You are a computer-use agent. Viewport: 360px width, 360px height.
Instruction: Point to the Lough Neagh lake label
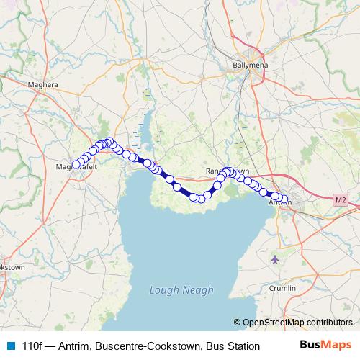click(x=181, y=290)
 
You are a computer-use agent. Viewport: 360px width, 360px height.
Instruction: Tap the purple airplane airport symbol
click(x=274, y=258)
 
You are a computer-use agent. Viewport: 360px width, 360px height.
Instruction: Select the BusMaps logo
click(x=327, y=346)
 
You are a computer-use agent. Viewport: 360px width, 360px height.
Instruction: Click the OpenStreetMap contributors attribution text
click(x=297, y=323)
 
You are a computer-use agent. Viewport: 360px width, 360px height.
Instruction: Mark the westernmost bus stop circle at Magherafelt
click(x=76, y=165)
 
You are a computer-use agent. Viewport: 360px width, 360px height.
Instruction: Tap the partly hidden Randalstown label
click(x=228, y=171)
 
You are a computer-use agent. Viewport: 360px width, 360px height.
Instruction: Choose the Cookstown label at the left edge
click(x=12, y=267)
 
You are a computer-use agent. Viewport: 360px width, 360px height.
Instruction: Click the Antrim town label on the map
click(x=279, y=204)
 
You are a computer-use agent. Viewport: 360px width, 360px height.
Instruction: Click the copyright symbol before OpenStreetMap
click(x=237, y=323)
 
